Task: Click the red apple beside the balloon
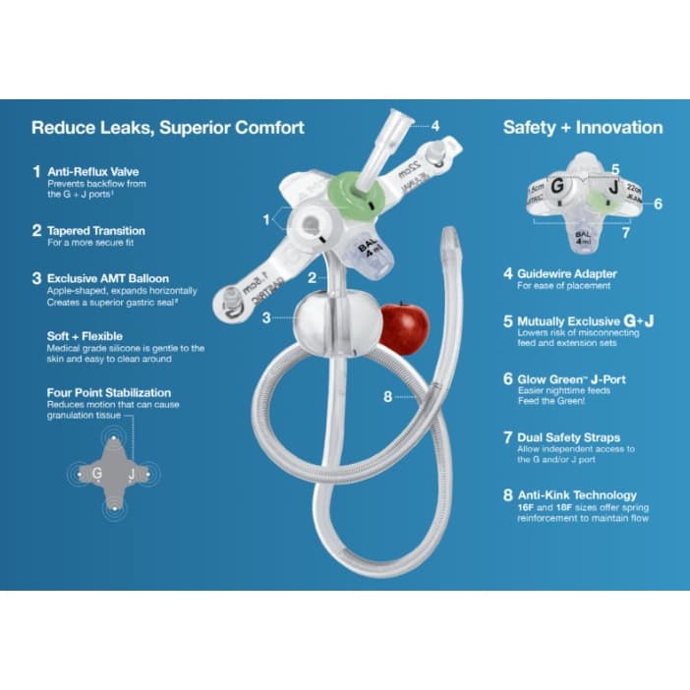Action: [401, 328]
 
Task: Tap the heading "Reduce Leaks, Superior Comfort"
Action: [168, 127]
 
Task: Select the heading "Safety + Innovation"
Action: [583, 127]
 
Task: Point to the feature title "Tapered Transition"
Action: [96, 231]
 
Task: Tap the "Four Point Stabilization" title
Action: [109, 393]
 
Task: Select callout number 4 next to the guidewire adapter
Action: [434, 126]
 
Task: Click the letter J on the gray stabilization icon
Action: [132, 474]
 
